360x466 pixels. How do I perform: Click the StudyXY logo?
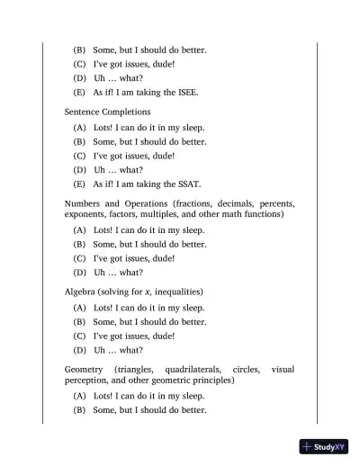325,446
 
